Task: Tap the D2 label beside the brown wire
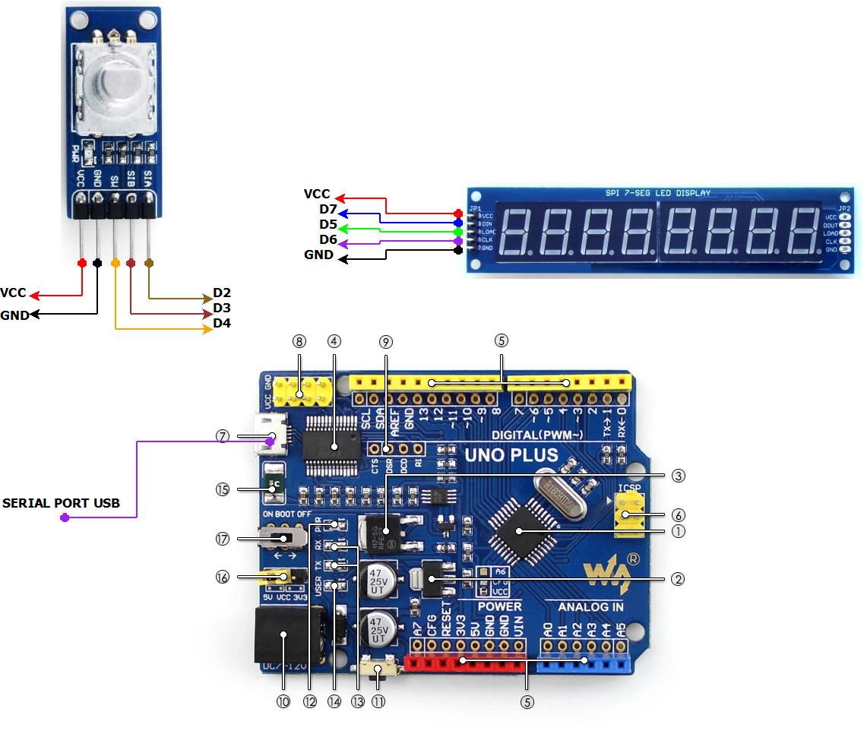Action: (222, 293)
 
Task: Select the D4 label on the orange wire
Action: (222, 324)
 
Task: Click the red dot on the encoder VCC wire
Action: (81, 263)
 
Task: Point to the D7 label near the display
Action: (328, 209)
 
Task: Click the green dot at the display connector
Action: (457, 232)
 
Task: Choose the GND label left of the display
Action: (318, 255)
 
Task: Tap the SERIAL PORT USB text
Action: (61, 503)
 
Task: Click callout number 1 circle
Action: (679, 531)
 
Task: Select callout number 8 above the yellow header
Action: (299, 341)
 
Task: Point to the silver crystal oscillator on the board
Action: (563, 493)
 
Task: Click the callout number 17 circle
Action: (223, 539)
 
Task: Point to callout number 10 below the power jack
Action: (283, 701)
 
